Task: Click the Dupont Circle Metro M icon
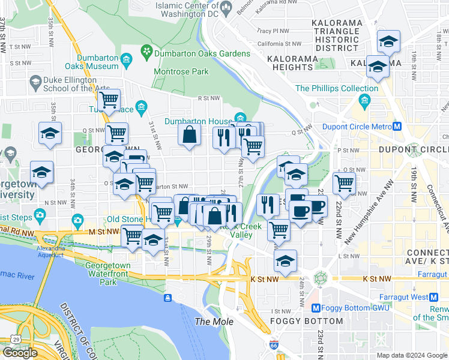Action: click(x=397, y=126)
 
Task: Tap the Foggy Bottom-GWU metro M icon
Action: click(x=316, y=308)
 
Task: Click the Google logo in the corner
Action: click(x=20, y=353)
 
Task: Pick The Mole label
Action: click(x=210, y=322)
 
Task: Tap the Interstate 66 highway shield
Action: click(x=273, y=345)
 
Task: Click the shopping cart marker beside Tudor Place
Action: click(x=109, y=100)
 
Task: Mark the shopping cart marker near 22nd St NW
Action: click(x=344, y=183)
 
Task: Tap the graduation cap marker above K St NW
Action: click(x=286, y=260)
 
